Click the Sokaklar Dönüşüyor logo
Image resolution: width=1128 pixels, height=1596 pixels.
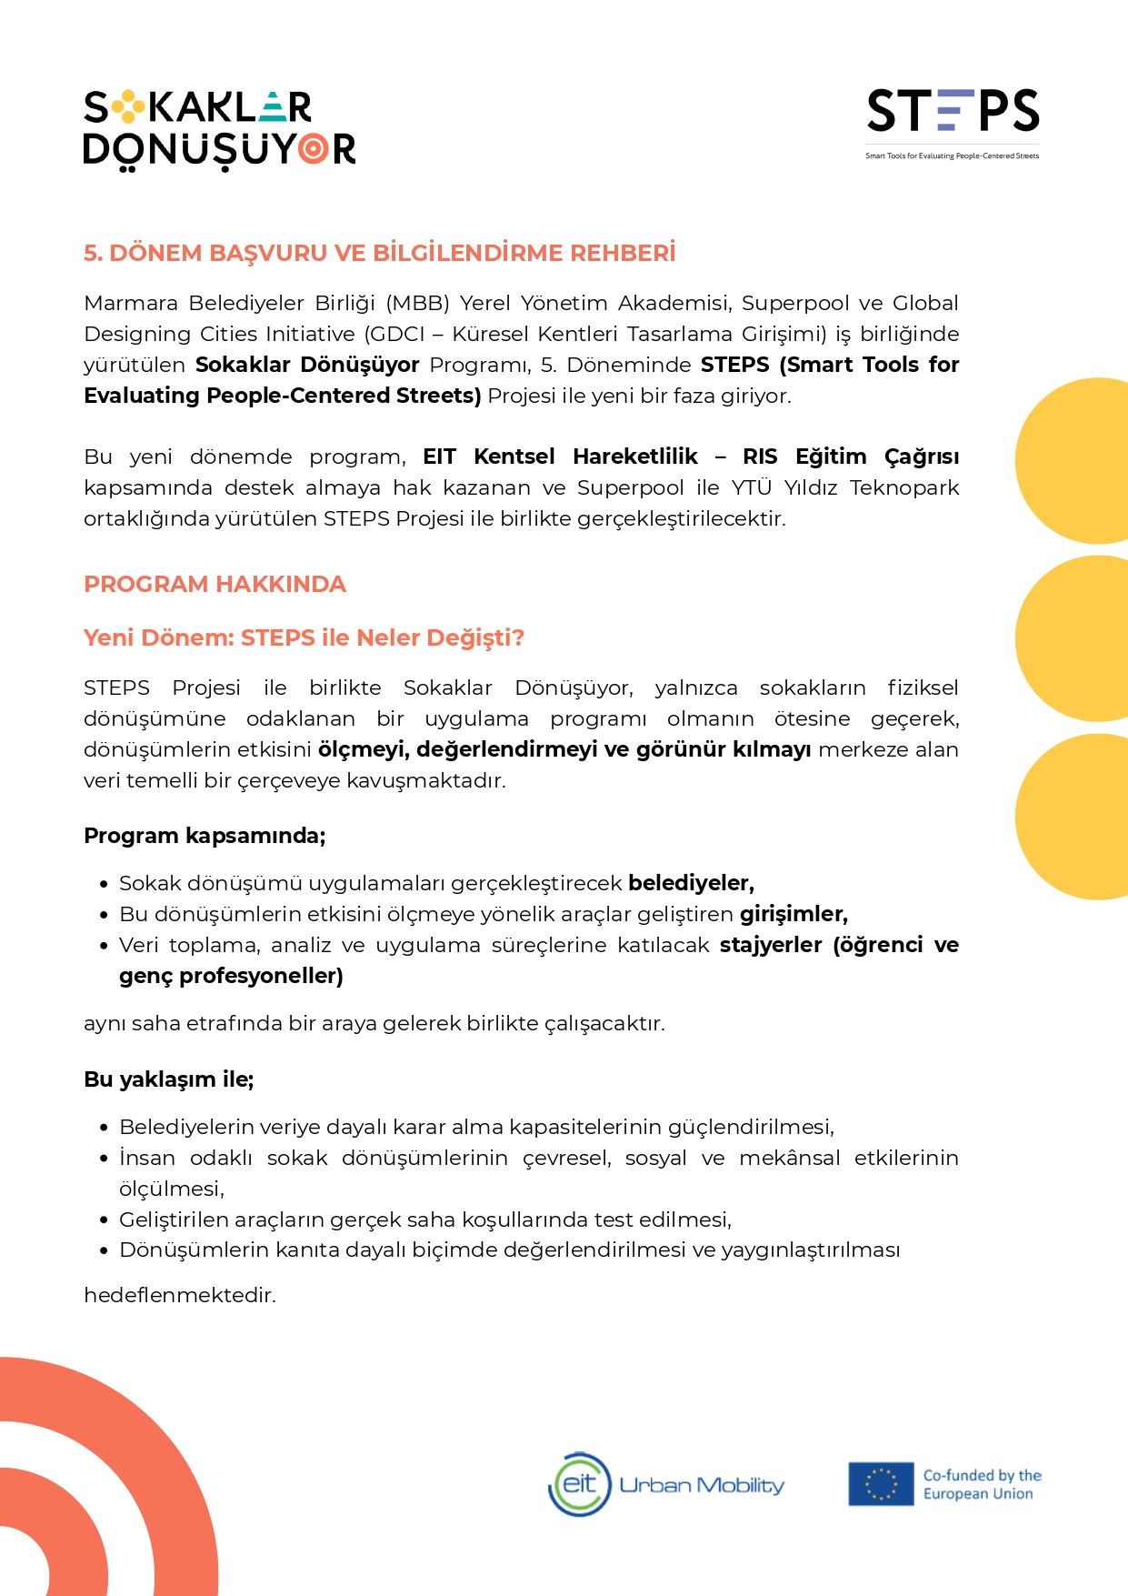pos(219,129)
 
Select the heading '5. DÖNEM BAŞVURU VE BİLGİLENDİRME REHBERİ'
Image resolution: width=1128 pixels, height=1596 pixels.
pos(380,253)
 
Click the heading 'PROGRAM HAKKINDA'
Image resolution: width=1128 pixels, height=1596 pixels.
pos(215,584)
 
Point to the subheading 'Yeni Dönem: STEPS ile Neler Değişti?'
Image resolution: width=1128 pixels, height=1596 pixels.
pos(304,637)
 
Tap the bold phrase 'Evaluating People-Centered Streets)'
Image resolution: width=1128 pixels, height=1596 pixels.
pos(282,396)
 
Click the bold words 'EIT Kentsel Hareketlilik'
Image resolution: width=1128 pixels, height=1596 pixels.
pos(560,457)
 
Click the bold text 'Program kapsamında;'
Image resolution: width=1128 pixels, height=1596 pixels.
pos(205,836)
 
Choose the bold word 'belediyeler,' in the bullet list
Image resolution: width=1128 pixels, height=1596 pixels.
pos(691,883)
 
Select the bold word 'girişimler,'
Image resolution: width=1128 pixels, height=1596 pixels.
pos(794,914)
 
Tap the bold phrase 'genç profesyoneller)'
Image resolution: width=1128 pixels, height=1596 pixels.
pos(231,976)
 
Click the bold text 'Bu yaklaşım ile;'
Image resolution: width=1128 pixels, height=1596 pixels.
pos(168,1079)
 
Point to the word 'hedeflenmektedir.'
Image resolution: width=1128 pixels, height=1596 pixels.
pos(179,1295)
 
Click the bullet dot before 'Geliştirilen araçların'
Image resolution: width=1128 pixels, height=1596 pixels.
pos(105,1220)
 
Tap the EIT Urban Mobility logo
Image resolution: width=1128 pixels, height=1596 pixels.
pos(666,1484)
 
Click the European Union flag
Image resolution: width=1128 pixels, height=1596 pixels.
pos(880,1484)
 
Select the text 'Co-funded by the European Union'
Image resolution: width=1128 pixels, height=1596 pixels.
pos(982,1484)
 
